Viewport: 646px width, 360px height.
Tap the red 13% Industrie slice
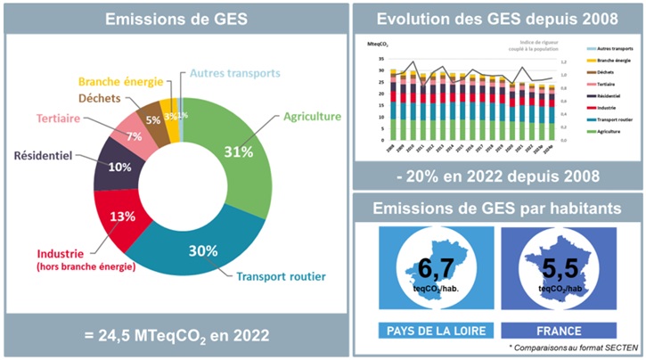(123, 217)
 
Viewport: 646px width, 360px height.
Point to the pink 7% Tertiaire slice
(135, 135)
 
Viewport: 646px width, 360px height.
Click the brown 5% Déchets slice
(152, 119)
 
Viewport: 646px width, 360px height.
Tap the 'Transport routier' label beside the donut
(281, 277)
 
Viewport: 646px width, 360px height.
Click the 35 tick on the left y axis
(381, 61)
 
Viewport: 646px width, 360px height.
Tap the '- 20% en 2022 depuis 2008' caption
(495, 176)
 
